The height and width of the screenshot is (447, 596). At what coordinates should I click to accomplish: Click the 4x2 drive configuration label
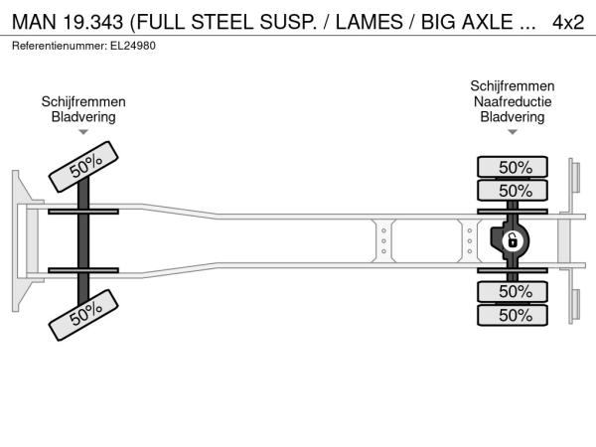pyautogui.click(x=568, y=23)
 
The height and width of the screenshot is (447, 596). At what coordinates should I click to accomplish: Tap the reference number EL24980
pyautogui.click(x=133, y=46)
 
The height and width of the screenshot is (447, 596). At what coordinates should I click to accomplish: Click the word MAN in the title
pyautogui.click(x=34, y=22)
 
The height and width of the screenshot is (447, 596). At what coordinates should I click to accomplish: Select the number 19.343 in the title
pyautogui.click(x=93, y=22)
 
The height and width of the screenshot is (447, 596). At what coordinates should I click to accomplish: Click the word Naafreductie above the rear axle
pyautogui.click(x=513, y=101)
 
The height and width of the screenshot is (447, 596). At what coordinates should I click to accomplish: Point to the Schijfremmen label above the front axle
pyautogui.click(x=83, y=102)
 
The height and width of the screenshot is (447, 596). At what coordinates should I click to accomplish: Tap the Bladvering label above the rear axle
pyautogui.click(x=513, y=116)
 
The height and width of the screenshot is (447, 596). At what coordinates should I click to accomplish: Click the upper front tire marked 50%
pyautogui.click(x=83, y=167)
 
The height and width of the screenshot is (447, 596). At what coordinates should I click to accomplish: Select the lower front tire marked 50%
pyautogui.click(x=83, y=315)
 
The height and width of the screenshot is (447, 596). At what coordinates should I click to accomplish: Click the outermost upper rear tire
pyautogui.click(x=513, y=167)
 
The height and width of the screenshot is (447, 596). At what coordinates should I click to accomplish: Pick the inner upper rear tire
pyautogui.click(x=513, y=190)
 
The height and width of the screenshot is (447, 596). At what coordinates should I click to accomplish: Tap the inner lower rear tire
pyautogui.click(x=513, y=291)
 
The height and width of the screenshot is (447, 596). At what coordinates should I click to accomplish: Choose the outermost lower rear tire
pyautogui.click(x=513, y=315)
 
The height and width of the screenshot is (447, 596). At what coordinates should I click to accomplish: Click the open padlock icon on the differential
pyautogui.click(x=513, y=241)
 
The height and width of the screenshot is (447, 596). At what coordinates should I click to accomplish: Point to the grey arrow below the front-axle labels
pyautogui.click(x=83, y=132)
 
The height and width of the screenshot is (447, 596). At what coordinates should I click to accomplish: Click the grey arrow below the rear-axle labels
pyautogui.click(x=513, y=132)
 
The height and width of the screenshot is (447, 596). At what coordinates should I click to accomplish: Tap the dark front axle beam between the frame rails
pyautogui.click(x=83, y=241)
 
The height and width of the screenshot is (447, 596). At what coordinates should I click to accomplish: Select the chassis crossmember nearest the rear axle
pyautogui.click(x=470, y=241)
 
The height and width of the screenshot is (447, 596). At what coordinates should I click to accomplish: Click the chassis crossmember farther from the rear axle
pyautogui.click(x=383, y=241)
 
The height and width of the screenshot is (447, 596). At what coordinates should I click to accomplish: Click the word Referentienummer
pyautogui.click(x=60, y=46)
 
